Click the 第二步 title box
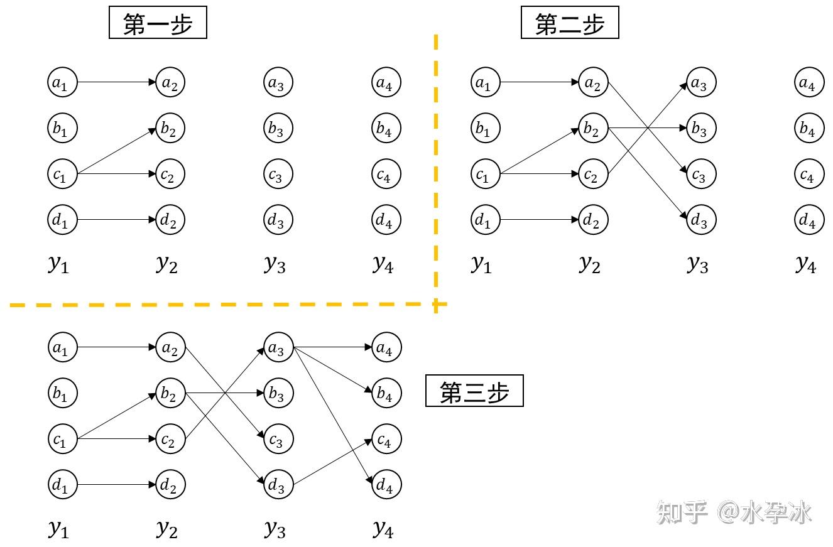(x=570, y=24)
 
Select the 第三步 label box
(x=474, y=392)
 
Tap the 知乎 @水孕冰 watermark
(x=734, y=512)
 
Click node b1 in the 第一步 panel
(x=62, y=129)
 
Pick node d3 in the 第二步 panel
(x=701, y=220)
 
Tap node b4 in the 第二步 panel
(x=808, y=129)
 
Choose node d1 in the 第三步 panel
(x=62, y=485)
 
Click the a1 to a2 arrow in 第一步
(x=116, y=82)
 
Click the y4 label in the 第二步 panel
(x=805, y=264)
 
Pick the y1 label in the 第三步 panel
(x=58, y=529)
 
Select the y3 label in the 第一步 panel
(x=275, y=264)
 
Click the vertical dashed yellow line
(x=435, y=170)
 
